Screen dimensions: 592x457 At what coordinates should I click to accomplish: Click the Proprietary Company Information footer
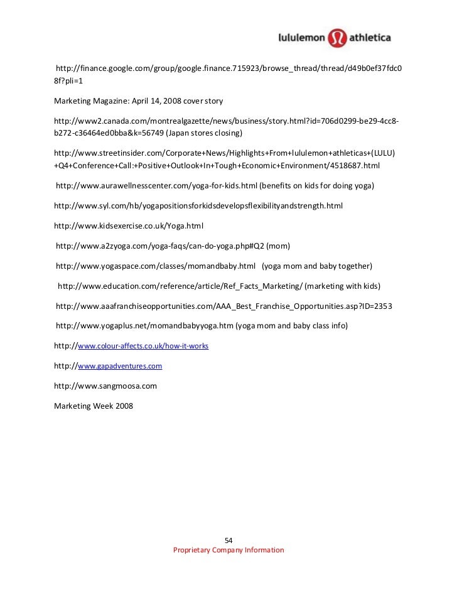pos(228,550)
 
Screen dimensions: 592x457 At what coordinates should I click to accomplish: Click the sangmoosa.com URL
pos(105,386)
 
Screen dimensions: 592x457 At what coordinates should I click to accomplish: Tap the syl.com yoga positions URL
pos(198,205)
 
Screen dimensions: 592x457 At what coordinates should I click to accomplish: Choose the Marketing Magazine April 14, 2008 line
pos(138,100)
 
